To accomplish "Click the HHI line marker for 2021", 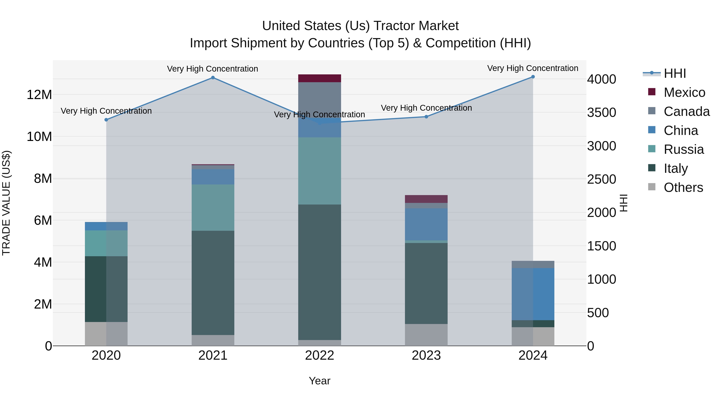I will pos(213,78).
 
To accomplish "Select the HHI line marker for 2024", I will pos(533,77).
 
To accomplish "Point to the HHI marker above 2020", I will pos(106,120).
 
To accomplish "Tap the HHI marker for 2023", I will pos(426,116).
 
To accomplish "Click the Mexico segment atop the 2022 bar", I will pos(319,78).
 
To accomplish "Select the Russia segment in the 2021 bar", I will pos(213,207).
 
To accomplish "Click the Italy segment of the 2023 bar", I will pos(426,283).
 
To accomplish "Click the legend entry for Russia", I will pos(684,149).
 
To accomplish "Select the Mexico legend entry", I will pos(684,92).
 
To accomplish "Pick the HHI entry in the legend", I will pos(675,73).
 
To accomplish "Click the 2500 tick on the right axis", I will pos(601,179).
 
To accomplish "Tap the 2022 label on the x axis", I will pos(319,355).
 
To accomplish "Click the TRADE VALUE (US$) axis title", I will pos(6,203).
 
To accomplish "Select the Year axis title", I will pos(319,381).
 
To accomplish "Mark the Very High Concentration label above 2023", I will pos(426,108).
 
